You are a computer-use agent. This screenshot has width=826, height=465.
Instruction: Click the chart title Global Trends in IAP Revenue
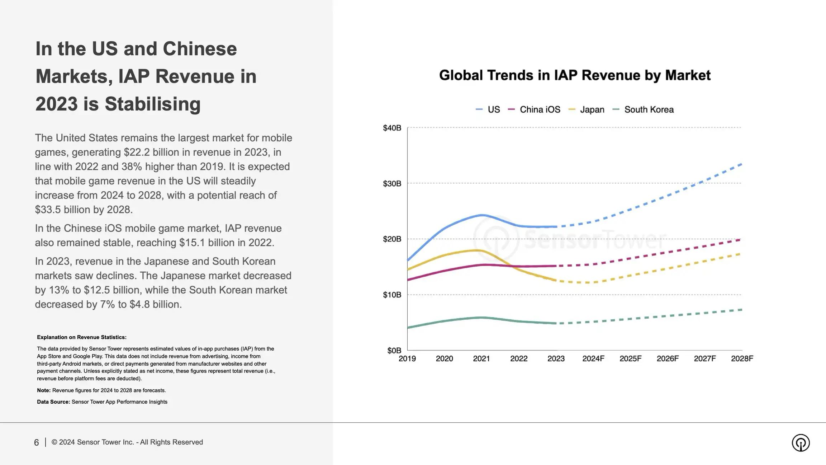(x=574, y=75)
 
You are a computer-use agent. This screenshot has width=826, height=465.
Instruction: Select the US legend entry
(x=493, y=110)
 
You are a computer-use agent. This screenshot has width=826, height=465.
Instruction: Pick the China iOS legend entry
(x=539, y=110)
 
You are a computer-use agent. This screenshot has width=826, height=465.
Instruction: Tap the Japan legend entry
(x=592, y=110)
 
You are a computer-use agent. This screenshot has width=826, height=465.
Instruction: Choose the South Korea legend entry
(x=648, y=110)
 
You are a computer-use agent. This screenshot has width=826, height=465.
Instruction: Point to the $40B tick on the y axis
(x=392, y=128)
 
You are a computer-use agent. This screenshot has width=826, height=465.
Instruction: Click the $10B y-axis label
(x=392, y=295)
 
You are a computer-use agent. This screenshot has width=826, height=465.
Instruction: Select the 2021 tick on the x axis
(x=481, y=359)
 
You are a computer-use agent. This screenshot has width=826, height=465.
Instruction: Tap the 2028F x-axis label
(x=742, y=359)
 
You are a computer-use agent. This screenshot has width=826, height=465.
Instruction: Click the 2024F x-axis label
(x=593, y=359)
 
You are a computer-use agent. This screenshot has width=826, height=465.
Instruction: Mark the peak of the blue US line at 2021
(x=481, y=215)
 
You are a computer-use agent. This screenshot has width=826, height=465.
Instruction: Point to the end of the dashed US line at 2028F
(x=741, y=164)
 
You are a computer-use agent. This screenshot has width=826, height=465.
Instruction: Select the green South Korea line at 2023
(x=555, y=323)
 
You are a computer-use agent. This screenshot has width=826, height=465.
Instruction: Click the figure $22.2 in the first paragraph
(x=137, y=152)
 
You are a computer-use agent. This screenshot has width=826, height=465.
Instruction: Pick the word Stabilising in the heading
(x=152, y=104)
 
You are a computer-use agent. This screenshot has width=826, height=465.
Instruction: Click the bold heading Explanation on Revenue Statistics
(x=81, y=337)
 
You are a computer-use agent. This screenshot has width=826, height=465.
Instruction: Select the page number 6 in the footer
(x=36, y=443)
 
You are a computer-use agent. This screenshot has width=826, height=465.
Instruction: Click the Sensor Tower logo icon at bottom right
(x=801, y=443)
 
